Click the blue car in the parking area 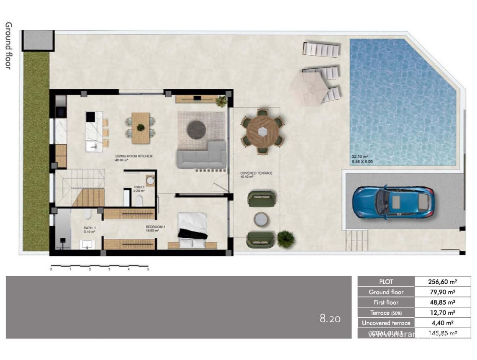393,203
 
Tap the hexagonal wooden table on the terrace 262,131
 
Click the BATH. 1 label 89,228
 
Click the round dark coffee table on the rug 196,129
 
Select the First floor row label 386,302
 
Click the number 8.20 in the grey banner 330,319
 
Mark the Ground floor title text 8,46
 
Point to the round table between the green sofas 262,219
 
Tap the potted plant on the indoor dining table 141,127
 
